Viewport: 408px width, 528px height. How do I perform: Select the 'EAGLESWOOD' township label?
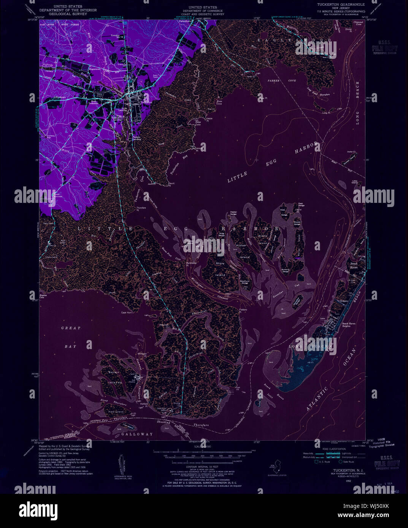pyautogui.click(x=289, y=40)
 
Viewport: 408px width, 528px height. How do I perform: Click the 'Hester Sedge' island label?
pyautogui.click(x=233, y=213)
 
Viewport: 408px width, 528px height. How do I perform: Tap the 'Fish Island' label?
pyautogui.click(x=116, y=412)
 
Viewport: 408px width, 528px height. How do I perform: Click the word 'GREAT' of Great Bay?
pyautogui.click(x=71, y=328)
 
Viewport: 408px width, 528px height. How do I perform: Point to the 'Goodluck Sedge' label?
pyautogui.click(x=244, y=282)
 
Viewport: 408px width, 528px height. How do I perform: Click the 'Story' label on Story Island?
pyautogui.click(x=220, y=263)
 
